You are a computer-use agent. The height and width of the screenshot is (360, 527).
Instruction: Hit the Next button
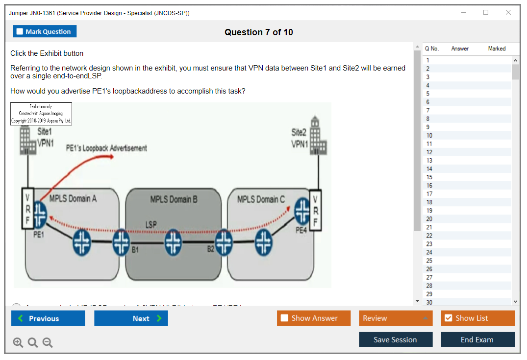click(131, 318)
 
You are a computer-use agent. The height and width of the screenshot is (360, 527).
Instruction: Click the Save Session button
click(396, 339)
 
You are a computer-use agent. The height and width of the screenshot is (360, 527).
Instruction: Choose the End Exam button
click(477, 339)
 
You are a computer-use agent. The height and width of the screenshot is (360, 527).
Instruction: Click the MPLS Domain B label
click(174, 199)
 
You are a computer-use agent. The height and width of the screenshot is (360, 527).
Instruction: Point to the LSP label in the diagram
click(151, 224)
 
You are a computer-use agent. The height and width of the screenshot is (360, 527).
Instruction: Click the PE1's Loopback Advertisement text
click(106, 148)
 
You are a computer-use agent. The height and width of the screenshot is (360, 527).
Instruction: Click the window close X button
click(508, 13)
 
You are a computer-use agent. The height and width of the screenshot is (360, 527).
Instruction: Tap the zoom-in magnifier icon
click(18, 343)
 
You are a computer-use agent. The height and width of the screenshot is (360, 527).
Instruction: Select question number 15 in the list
click(429, 177)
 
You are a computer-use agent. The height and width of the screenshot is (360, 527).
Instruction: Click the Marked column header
click(497, 48)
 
